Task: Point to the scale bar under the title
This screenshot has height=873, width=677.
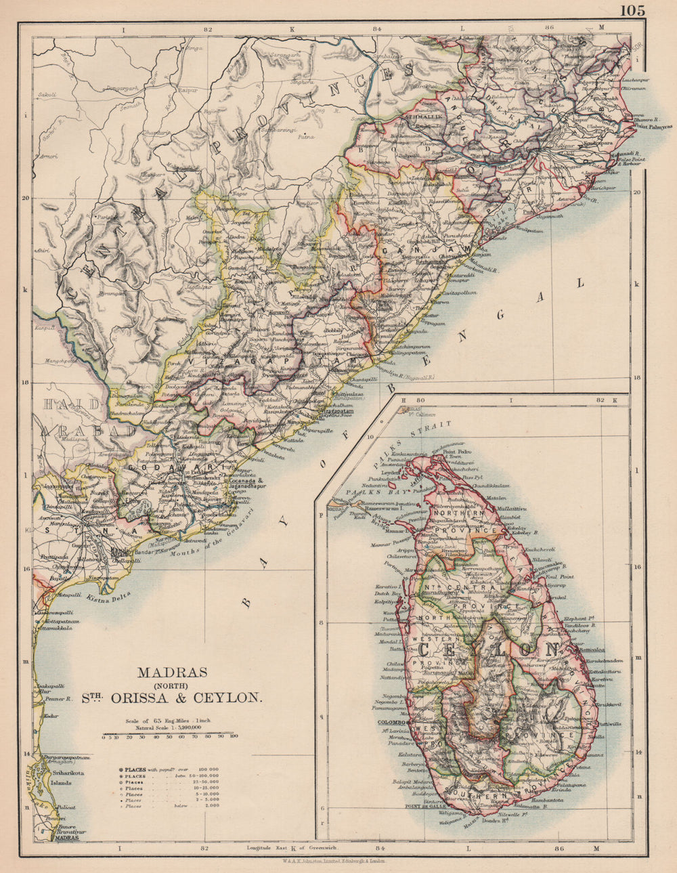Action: tap(169, 733)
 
